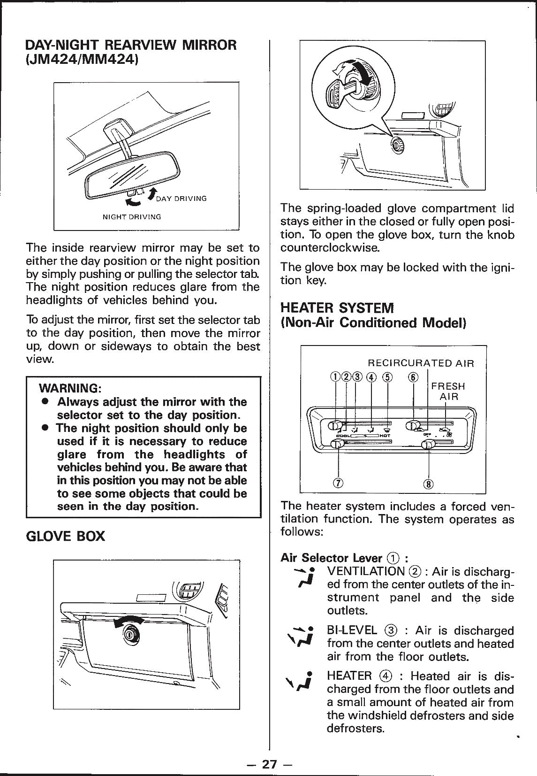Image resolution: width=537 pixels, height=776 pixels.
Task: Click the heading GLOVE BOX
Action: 66,536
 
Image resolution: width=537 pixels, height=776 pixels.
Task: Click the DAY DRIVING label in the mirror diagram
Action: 181,199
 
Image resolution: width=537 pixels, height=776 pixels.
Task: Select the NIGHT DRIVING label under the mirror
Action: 132,217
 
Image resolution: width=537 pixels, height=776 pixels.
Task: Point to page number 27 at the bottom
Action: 269,764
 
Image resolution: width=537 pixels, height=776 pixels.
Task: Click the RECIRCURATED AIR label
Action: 421,363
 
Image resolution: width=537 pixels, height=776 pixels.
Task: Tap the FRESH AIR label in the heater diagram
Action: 448,392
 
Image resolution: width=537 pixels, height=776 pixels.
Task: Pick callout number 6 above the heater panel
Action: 413,377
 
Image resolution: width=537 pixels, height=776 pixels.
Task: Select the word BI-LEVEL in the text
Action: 352,630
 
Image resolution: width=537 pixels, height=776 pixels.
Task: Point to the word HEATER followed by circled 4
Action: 349,676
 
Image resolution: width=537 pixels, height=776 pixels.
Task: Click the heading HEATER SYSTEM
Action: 337,308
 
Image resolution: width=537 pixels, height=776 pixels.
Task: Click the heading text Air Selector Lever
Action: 331,558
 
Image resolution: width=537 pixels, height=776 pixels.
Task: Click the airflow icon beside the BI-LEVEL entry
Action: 298,636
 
